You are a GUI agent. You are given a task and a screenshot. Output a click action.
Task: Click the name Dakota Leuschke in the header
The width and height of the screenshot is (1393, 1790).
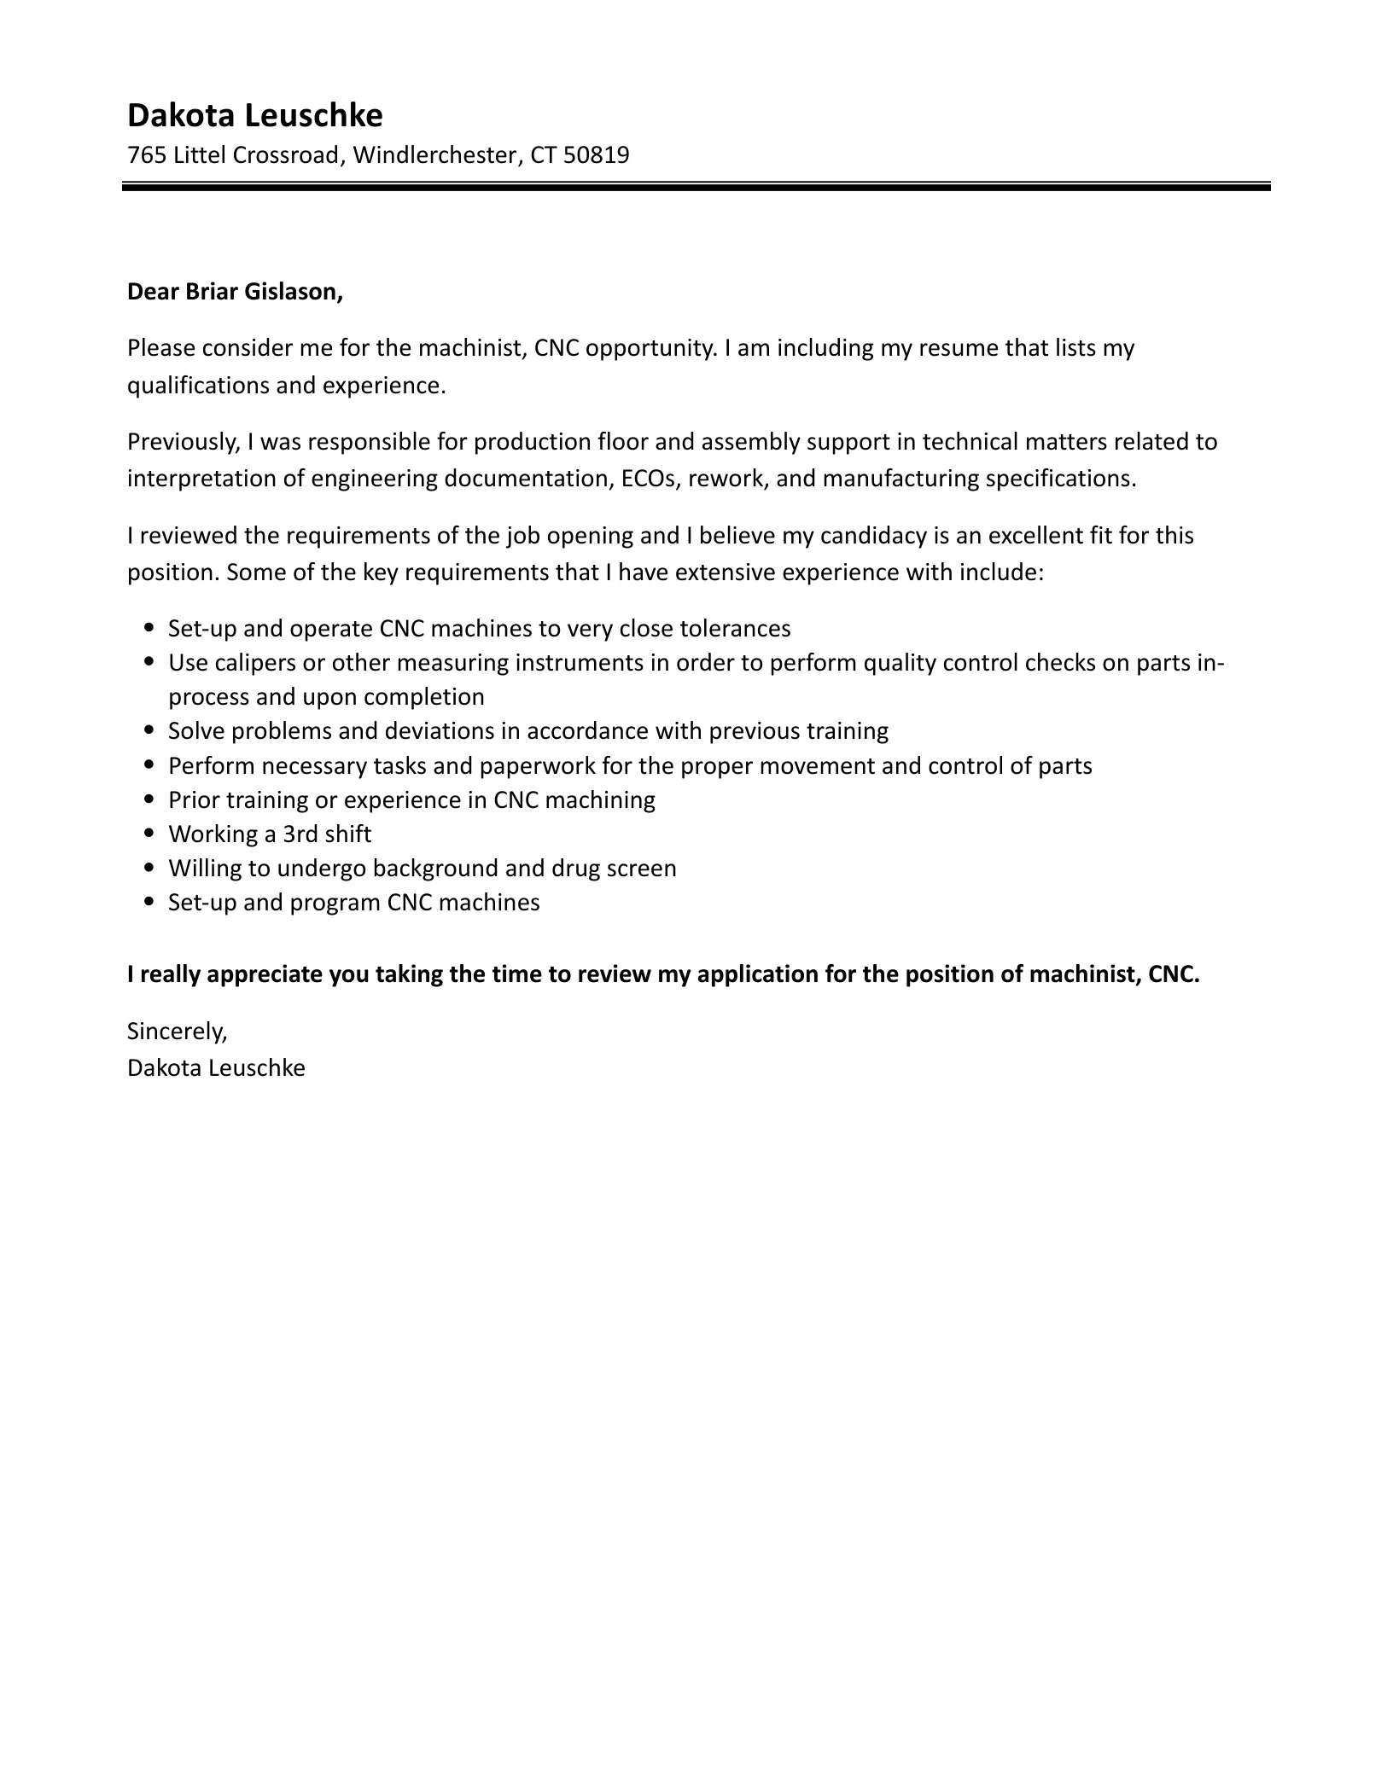click(x=254, y=114)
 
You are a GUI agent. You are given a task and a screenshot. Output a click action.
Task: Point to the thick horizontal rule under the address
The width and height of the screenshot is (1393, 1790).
click(x=696, y=186)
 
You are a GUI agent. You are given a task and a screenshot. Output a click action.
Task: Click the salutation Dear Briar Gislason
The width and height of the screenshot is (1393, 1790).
click(x=235, y=292)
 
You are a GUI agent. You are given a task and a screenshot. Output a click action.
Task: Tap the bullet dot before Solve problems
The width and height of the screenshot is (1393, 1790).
click(x=150, y=731)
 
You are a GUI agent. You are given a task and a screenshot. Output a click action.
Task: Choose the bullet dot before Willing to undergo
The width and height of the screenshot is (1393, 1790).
click(x=150, y=868)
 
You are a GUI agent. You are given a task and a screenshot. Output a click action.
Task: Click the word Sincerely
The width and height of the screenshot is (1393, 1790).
click(x=177, y=1032)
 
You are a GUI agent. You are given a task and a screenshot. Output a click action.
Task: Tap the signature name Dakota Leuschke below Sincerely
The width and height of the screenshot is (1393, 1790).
click(x=216, y=1067)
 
